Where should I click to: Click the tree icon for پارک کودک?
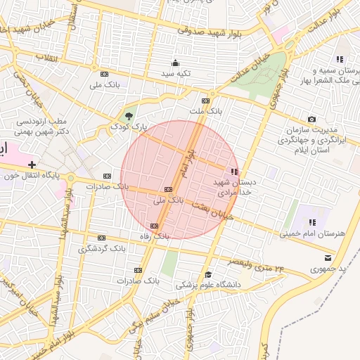coord(128,115)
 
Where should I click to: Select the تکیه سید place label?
coord(174,73)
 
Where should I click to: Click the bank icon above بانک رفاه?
coord(155,226)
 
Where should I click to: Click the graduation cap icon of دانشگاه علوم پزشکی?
coord(208,274)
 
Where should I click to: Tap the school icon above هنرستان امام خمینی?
coord(311,223)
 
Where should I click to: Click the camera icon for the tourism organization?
coord(311,120)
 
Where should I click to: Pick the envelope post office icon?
coord(328,258)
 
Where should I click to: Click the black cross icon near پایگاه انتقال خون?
coord(32,164)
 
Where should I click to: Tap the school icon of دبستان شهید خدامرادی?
coord(234,172)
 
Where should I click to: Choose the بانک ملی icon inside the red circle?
coord(167,189)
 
